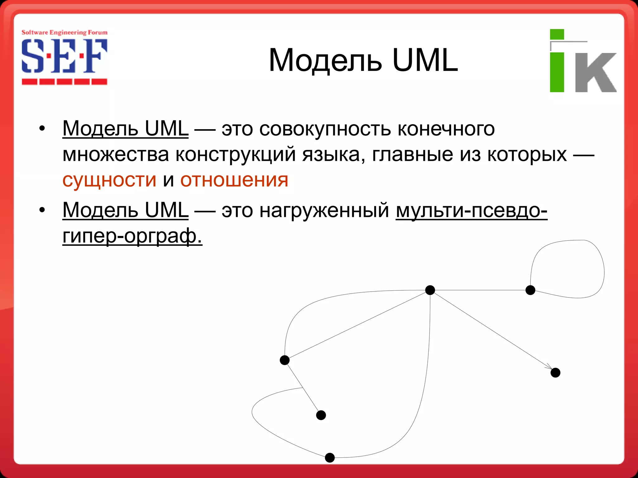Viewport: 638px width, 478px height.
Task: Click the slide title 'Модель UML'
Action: (x=363, y=60)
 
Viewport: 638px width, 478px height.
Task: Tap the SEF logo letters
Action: (x=64, y=56)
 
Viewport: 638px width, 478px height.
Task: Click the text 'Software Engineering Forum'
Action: (x=64, y=32)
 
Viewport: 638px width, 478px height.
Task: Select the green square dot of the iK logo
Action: (x=557, y=34)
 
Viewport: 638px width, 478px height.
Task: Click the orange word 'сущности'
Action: (x=109, y=180)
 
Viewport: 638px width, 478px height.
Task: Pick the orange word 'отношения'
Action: (x=234, y=180)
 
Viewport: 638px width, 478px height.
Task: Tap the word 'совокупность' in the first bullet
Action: (x=325, y=129)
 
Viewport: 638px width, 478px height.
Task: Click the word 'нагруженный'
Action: (x=324, y=210)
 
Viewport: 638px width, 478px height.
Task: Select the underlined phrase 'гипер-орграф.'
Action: (x=132, y=236)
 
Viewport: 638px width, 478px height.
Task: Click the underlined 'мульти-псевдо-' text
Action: (x=471, y=210)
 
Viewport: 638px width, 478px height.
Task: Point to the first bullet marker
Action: (x=42, y=129)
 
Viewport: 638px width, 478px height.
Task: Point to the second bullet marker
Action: (x=42, y=210)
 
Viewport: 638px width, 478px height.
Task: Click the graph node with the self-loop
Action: (x=530, y=290)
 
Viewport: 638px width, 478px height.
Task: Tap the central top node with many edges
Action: (x=430, y=290)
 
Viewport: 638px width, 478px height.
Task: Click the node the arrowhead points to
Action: (x=555, y=373)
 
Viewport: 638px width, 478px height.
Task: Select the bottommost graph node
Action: (x=330, y=457)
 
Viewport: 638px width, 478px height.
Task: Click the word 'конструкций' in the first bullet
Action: (x=236, y=154)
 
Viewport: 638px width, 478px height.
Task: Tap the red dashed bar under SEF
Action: (x=64, y=82)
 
